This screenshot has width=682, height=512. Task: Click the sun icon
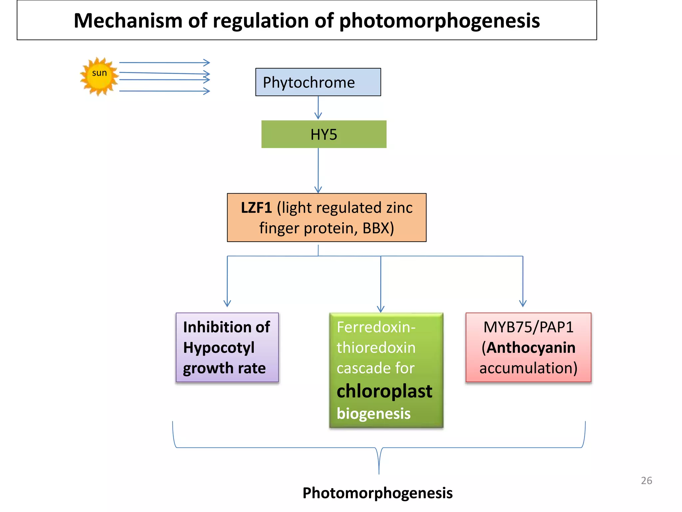pos(99,76)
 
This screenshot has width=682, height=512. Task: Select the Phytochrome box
pos(318,82)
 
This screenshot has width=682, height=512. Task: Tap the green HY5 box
pos(324,134)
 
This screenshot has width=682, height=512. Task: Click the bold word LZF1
pos(256,208)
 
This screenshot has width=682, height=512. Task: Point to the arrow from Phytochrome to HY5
pos(318,108)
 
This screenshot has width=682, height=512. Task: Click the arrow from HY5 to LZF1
pos(318,170)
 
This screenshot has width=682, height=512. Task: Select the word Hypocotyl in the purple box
pos(218,348)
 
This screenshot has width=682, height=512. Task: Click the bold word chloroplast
pos(384,391)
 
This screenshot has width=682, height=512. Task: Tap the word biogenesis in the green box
pos(373,414)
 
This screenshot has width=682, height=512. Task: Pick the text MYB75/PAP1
pos(528,327)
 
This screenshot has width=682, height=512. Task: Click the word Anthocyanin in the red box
pos(531,348)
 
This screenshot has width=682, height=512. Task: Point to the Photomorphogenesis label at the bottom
pos(377,493)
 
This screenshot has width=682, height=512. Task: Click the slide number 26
pos(646,480)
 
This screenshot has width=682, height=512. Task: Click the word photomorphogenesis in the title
pos(439,21)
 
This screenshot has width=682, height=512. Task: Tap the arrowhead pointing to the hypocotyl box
pos(227,303)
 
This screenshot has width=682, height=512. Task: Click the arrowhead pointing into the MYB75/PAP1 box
pos(523,303)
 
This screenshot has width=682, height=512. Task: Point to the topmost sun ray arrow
pos(165,62)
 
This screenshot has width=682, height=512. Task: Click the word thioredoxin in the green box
pos(376,348)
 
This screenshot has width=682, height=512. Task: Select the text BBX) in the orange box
pos(378,228)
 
